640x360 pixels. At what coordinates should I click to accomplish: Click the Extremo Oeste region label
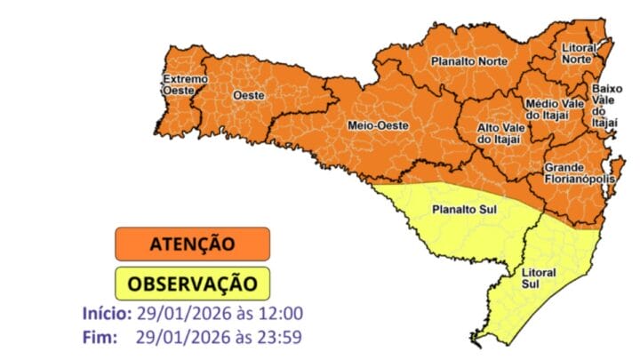click(184, 84)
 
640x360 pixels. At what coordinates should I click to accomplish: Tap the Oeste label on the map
click(247, 94)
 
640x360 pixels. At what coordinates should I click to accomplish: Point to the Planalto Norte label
click(468, 61)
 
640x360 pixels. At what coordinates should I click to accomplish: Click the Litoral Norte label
click(582, 53)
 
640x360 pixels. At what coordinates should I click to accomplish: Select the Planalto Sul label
click(463, 211)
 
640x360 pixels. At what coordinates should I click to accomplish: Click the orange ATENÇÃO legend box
click(192, 244)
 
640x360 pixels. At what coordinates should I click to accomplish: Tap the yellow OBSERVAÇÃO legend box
click(192, 284)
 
